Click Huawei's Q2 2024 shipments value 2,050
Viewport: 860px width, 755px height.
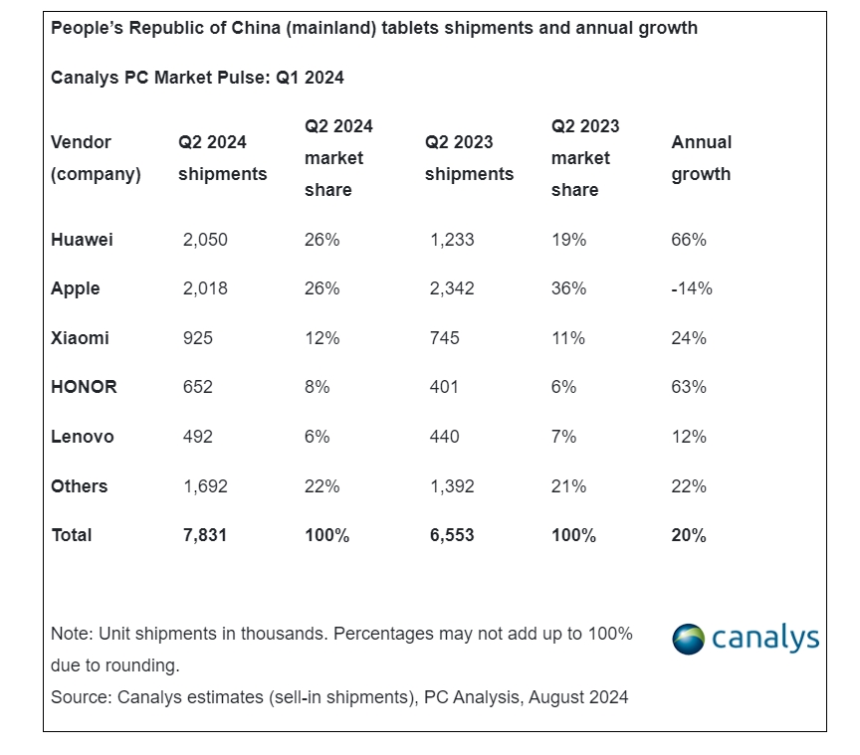click(x=205, y=240)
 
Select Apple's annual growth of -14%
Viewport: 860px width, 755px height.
click(x=692, y=288)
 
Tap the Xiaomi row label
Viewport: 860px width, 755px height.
click(x=80, y=338)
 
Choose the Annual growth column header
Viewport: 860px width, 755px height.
click(x=701, y=158)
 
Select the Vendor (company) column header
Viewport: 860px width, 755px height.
click(x=96, y=158)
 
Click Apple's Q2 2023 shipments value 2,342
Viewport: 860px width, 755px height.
click(x=452, y=288)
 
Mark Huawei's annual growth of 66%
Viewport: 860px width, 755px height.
click(x=689, y=240)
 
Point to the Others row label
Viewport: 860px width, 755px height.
click(x=80, y=486)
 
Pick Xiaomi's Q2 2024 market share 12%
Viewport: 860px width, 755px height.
click(x=322, y=338)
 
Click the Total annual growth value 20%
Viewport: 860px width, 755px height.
click(x=689, y=535)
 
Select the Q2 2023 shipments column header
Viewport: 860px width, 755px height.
click(x=469, y=158)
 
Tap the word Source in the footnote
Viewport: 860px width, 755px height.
click(x=79, y=697)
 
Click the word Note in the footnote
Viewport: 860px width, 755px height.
click(x=69, y=634)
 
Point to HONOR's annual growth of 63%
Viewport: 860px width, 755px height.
click(x=689, y=387)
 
